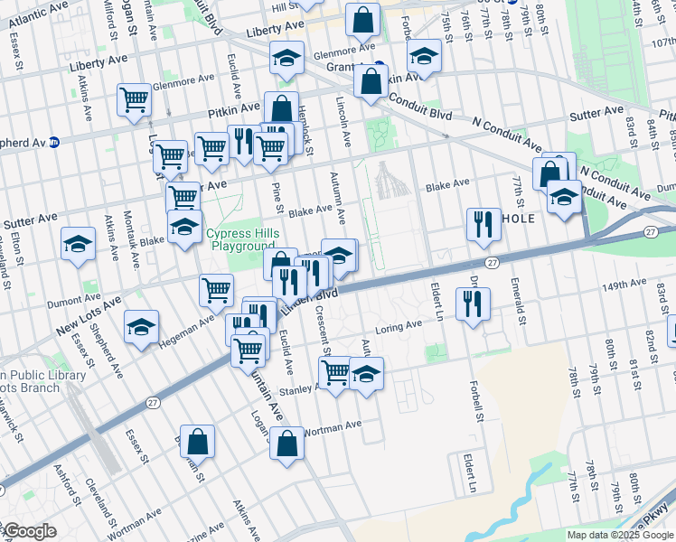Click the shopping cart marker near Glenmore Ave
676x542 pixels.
[x=134, y=99]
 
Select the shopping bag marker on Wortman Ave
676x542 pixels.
[x=287, y=444]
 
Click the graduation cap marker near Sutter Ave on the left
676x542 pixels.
[x=79, y=243]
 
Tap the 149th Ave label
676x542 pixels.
[x=625, y=284]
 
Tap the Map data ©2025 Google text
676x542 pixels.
[x=620, y=535]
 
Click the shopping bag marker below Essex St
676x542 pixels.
[x=197, y=441]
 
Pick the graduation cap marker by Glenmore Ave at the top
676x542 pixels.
[x=286, y=58]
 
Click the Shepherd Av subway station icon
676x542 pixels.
[x=54, y=142]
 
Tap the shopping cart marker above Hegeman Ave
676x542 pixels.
[x=216, y=290]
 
